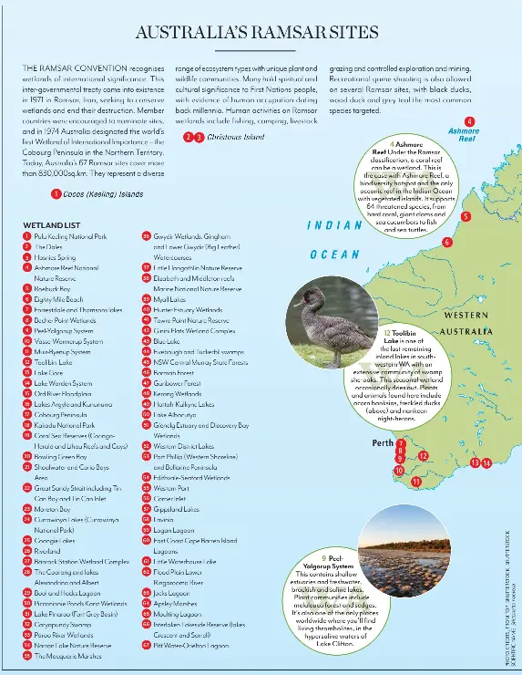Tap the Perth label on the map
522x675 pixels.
pyautogui.click(x=383, y=443)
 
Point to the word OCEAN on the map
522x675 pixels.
pyautogui.click(x=334, y=255)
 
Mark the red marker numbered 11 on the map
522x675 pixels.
pyautogui.click(x=416, y=481)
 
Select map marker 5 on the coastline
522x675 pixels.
pyautogui.click(x=466, y=217)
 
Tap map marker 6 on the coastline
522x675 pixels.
pyautogui.click(x=446, y=242)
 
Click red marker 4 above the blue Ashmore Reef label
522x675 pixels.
pyautogui.click(x=469, y=121)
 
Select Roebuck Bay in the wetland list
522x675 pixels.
pyautogui.click(x=55, y=287)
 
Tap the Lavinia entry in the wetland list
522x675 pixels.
pyautogui.click(x=166, y=518)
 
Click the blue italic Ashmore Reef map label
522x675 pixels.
pyautogui.click(x=464, y=136)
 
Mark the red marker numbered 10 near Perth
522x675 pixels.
pyautogui.click(x=398, y=470)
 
